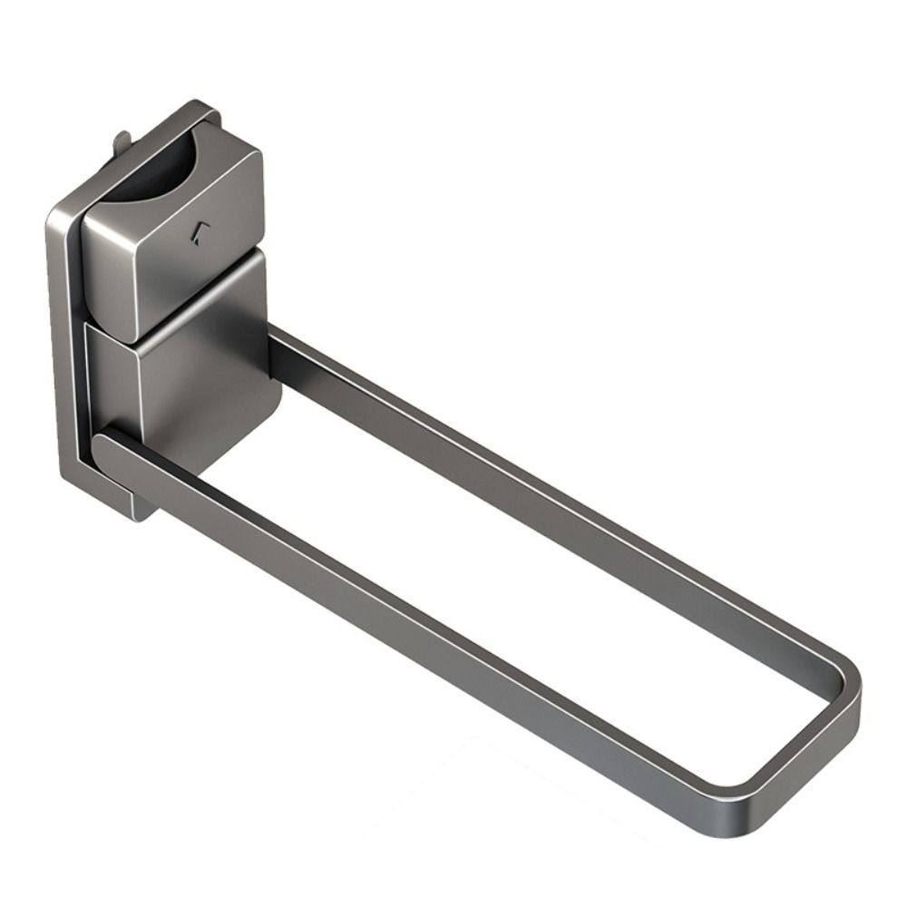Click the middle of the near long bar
coord(417,626)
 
